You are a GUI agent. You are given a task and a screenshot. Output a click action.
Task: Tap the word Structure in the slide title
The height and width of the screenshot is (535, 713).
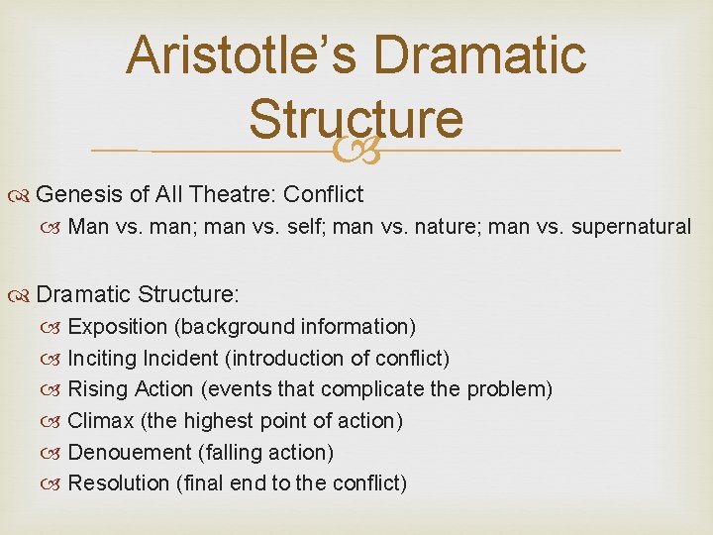[x=356, y=118]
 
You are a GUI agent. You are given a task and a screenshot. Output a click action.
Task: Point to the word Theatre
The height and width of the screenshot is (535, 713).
[x=228, y=194]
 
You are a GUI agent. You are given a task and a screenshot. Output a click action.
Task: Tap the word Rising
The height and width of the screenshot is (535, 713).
[x=95, y=389]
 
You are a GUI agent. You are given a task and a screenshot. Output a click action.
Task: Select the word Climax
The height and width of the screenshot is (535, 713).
[x=100, y=421]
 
